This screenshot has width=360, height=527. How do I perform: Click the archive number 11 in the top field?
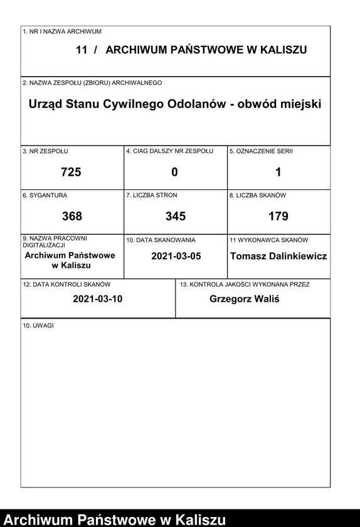(81, 50)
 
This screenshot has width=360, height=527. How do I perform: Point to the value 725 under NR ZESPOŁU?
(71, 172)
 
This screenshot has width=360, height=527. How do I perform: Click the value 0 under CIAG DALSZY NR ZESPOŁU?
(175, 172)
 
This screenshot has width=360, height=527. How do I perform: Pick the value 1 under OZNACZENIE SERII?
(278, 172)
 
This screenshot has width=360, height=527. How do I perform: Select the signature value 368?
(71, 216)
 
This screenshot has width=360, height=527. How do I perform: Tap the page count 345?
(175, 216)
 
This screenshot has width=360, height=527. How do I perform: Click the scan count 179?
(278, 216)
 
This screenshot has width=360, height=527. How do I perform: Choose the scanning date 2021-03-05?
(176, 256)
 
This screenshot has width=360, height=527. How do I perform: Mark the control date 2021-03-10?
(97, 299)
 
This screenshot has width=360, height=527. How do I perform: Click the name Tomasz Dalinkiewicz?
(278, 256)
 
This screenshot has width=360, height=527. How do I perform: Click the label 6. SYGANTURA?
(45, 195)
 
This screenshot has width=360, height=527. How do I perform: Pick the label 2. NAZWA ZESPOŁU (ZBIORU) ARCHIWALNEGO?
(92, 83)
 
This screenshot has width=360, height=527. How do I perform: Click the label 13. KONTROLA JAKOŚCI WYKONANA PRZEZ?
(244, 284)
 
